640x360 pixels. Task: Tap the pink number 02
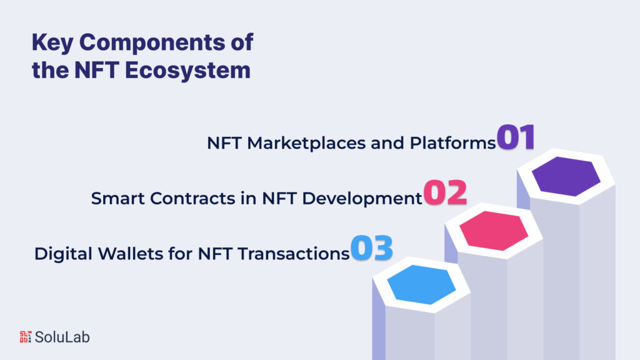[x=446, y=194]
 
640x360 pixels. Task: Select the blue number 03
[x=371, y=248]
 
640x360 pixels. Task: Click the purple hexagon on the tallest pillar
[x=565, y=177]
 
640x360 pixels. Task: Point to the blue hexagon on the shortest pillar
[x=421, y=284]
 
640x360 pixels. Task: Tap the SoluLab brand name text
[x=62, y=337]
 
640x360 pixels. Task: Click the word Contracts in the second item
[x=182, y=199]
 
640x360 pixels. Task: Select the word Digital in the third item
[x=58, y=254]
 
